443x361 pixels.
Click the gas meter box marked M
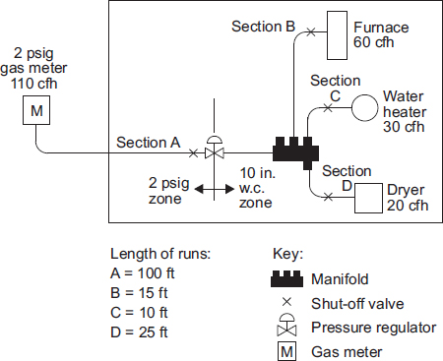click(36, 111)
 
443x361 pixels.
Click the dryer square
click(369, 197)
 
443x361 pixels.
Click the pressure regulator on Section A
click(214, 148)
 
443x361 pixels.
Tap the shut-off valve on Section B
click(311, 32)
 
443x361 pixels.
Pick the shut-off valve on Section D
click(325, 197)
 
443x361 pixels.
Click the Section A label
click(149, 142)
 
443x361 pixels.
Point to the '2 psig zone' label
click(169, 189)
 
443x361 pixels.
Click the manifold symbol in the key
click(290, 278)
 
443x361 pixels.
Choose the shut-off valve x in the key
click(290, 303)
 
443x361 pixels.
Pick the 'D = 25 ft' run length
click(141, 332)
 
